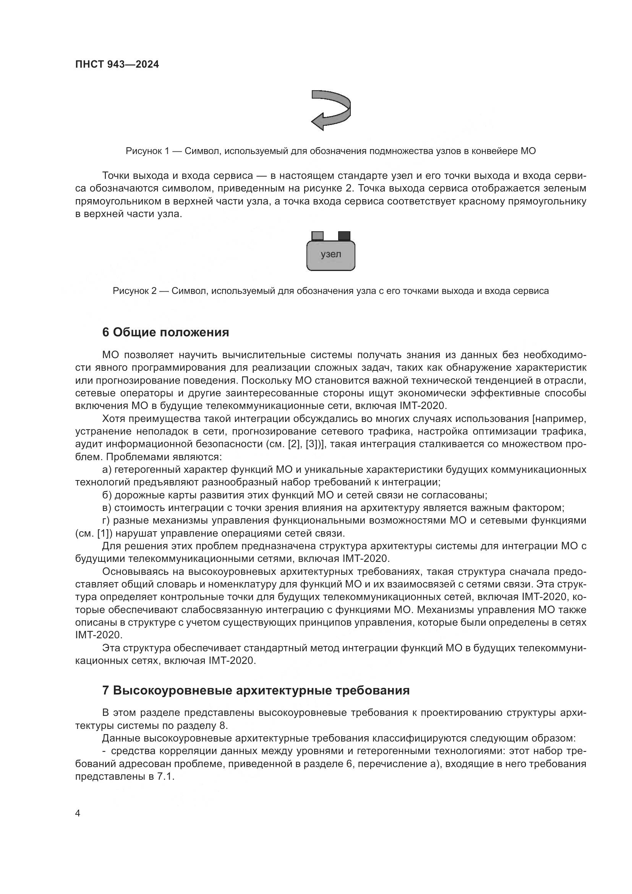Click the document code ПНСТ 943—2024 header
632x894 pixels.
117,65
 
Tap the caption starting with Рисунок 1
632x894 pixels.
331,151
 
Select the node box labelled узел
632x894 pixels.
331,255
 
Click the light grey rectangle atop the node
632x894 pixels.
318,235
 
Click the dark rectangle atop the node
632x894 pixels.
344,235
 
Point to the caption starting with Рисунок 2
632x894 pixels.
331,291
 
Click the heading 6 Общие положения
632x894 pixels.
165,333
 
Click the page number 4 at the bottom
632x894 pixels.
78,813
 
